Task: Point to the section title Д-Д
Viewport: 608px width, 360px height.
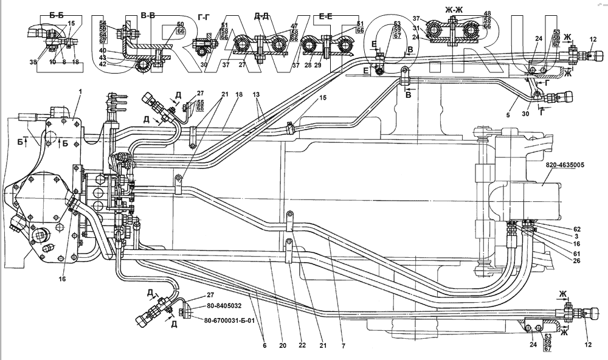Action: tap(262, 16)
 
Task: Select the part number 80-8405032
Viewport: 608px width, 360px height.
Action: tap(219, 306)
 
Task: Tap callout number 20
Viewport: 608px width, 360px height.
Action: tap(282, 345)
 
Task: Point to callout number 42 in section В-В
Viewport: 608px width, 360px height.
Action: tap(120, 63)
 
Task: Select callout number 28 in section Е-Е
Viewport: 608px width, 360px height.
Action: tap(307, 64)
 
